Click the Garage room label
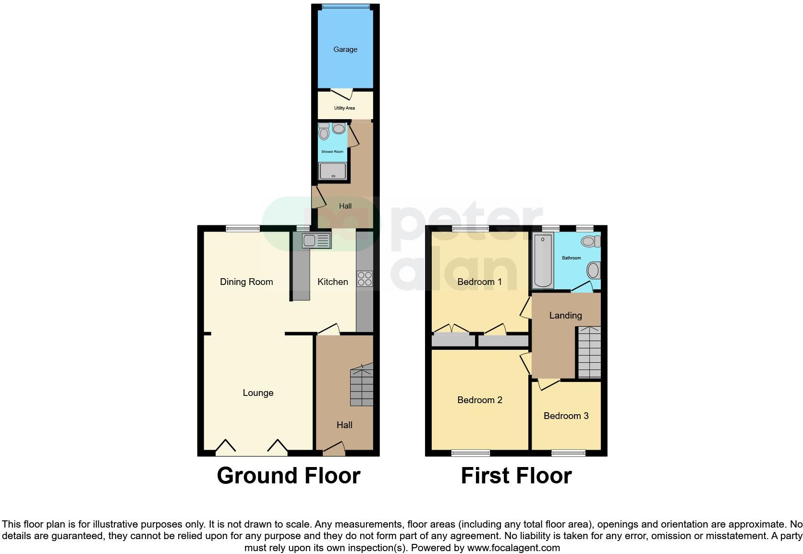click(x=345, y=49)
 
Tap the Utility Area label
click(x=344, y=108)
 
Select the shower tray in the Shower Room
click(x=332, y=171)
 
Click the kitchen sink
click(x=316, y=240)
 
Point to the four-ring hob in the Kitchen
click(x=365, y=279)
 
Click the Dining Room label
click(x=246, y=282)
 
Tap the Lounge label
click(x=258, y=393)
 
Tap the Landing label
click(x=565, y=316)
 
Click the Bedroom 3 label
click(x=566, y=416)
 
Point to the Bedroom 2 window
click(x=470, y=453)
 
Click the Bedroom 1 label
click(x=479, y=282)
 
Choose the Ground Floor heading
click(x=288, y=476)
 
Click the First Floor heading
click(x=516, y=476)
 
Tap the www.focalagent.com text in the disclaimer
click(x=513, y=548)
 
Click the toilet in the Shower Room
click(x=324, y=132)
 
